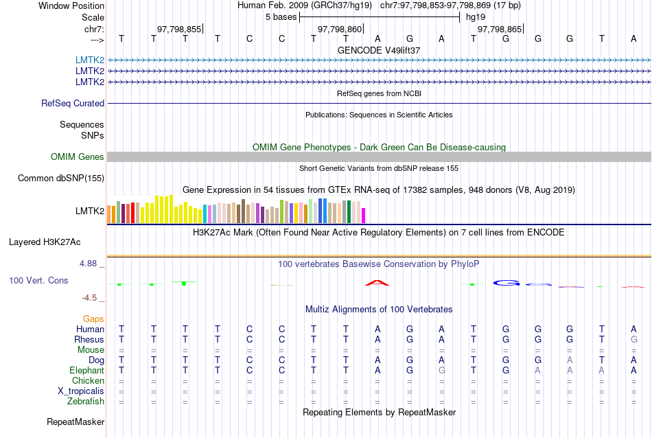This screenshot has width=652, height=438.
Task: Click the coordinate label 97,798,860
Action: point(339,30)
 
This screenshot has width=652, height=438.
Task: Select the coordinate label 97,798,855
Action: point(179,30)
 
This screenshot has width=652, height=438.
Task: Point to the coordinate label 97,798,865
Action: point(500,30)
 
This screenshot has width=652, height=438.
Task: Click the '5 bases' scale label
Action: point(281,17)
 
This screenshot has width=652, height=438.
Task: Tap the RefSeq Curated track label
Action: point(73,104)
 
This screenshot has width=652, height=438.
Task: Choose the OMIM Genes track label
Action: point(78,157)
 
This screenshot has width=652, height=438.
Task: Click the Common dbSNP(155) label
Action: point(61,178)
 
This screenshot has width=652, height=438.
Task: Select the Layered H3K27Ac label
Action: point(45,242)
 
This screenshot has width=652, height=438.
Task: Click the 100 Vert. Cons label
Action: point(39,281)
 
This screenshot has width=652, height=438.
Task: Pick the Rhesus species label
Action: point(89,340)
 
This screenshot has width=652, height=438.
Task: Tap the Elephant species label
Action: point(86,371)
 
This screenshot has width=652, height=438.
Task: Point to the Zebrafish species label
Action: point(86,402)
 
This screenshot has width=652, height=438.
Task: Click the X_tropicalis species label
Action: point(81,391)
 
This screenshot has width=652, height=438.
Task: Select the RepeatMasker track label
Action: point(75,422)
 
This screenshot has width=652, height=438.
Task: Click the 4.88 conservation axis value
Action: point(89,264)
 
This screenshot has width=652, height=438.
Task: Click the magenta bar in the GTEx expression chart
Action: point(364,215)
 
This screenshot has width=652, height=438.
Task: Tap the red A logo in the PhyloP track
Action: point(377,282)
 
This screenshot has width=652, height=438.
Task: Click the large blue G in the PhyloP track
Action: point(507,283)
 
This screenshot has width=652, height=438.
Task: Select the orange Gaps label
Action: point(93,319)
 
